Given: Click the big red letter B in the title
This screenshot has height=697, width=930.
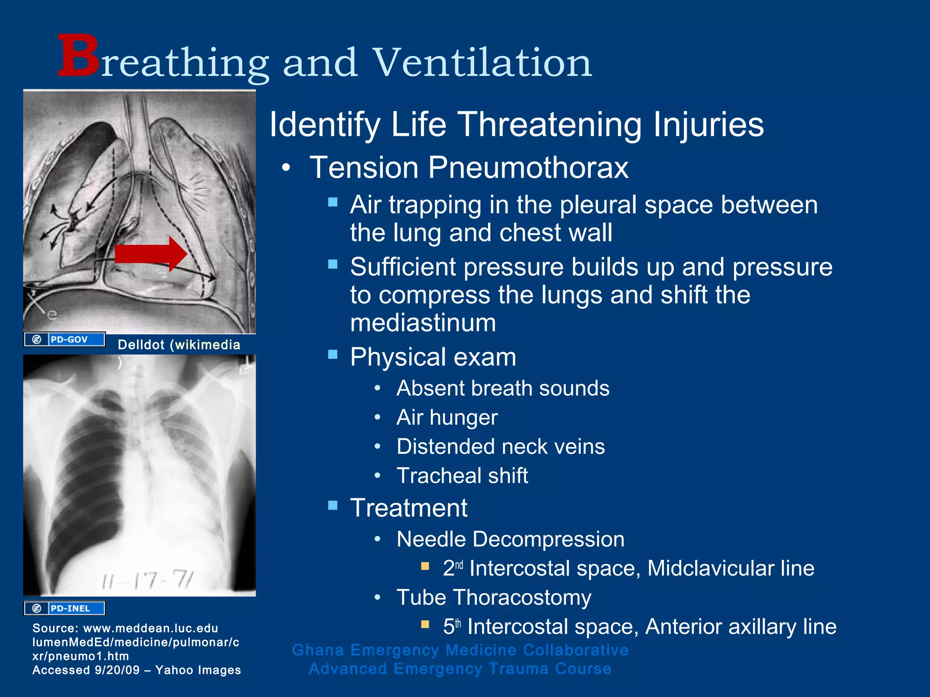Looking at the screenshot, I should tap(78, 56).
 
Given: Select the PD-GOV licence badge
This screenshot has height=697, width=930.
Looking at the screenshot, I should tap(64, 339).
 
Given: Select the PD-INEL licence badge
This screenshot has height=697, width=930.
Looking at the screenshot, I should tap(64, 608).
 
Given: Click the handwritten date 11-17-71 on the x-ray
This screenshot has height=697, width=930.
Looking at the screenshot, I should tap(148, 580).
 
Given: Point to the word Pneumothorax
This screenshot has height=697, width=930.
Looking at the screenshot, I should tap(528, 167).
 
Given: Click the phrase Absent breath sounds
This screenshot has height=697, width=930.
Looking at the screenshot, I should tap(503, 388).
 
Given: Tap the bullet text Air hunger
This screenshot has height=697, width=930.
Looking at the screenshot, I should tap(447, 417).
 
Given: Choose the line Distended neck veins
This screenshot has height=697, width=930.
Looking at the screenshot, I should tap(500, 447).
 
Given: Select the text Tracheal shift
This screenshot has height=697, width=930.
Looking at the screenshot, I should tap(462, 476).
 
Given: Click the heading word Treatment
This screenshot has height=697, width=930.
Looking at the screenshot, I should tap(409, 507).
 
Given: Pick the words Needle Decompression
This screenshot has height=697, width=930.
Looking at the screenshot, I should tap(510, 539).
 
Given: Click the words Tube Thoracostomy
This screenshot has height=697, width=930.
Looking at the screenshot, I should tap(494, 597).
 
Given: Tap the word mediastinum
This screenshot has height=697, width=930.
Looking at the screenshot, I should tap(423, 323).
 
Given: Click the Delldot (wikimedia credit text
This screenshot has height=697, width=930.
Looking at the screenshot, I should tap(179, 345).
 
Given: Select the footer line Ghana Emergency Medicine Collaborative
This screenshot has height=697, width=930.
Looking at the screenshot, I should tap(460, 650).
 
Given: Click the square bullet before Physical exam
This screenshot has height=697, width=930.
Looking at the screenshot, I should tap(333, 354).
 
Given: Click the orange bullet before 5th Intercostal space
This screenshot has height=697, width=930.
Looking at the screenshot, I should tap(425, 624).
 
